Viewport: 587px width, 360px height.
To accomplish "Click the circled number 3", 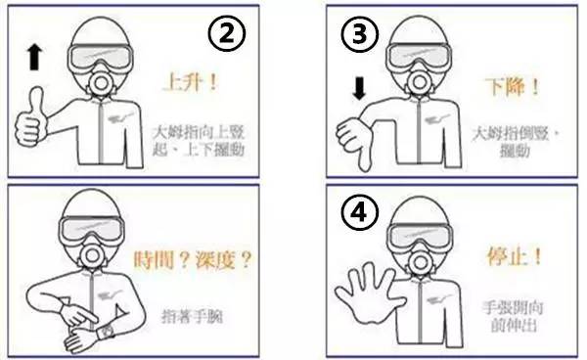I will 358,36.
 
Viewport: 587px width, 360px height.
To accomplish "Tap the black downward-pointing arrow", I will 358,90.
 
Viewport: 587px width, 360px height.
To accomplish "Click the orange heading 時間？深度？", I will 193,261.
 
